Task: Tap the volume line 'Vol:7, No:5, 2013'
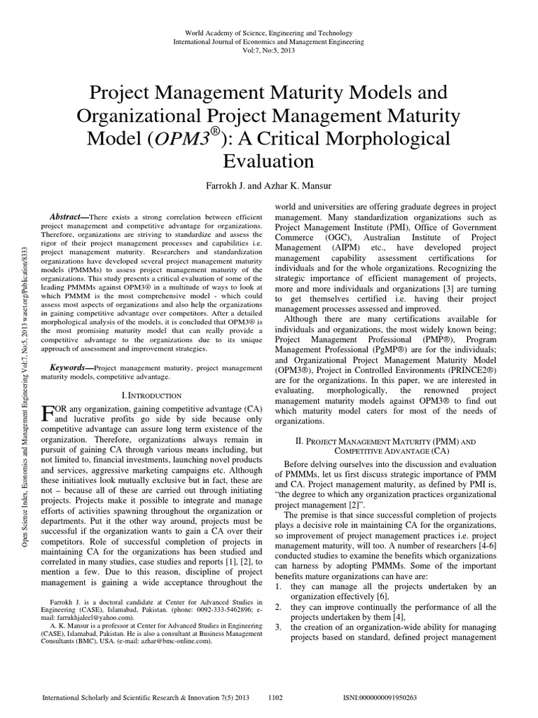[269, 51]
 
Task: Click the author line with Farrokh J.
[268, 185]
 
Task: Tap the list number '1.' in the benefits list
[277, 585]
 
